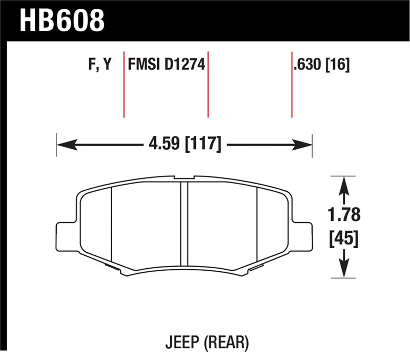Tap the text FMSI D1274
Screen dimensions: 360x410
(x=166, y=65)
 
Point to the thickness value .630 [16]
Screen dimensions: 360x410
(x=321, y=65)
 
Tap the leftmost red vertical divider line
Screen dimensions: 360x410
(x=124, y=85)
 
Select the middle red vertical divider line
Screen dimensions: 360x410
(x=208, y=85)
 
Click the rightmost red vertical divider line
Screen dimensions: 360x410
(x=292, y=85)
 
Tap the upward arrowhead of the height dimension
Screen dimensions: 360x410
(x=344, y=185)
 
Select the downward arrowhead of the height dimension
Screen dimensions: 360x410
(x=344, y=270)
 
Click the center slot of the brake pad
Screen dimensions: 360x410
(x=184, y=226)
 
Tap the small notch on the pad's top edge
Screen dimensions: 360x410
(x=181, y=178)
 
